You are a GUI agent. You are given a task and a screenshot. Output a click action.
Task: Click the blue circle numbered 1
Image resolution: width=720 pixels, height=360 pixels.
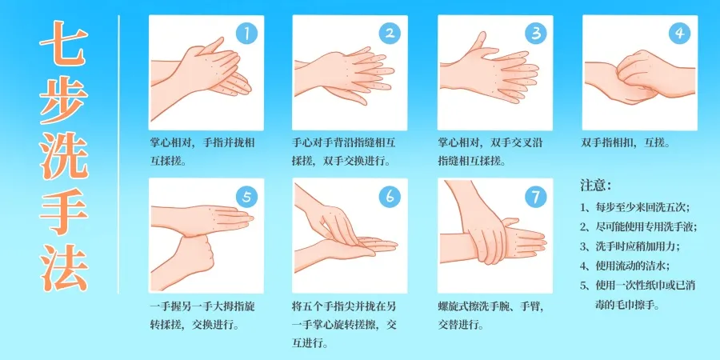coord(248,34)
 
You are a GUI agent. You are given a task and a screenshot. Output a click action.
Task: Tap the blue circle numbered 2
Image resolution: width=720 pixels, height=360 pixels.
coord(390,34)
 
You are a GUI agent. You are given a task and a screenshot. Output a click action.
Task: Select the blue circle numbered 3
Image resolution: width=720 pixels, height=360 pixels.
coord(535,34)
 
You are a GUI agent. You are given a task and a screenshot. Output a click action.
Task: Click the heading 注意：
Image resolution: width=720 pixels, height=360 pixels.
coord(596,186)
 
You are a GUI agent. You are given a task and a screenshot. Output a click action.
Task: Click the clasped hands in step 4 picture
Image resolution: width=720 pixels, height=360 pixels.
coord(632,80)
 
